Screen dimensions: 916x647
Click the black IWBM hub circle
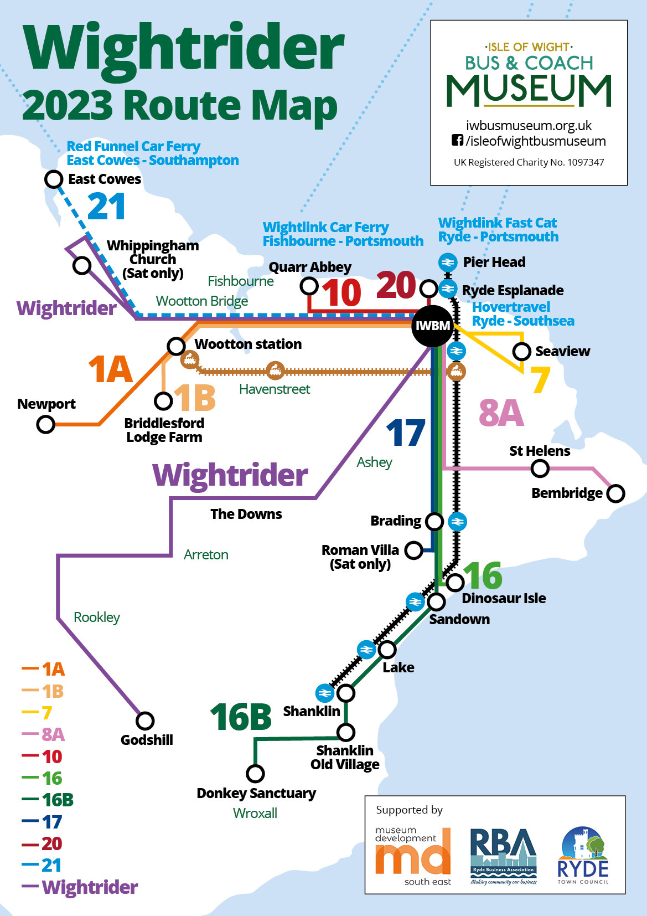(433, 326)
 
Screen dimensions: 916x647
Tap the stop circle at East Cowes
(54, 179)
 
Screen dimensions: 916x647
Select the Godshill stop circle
(145, 721)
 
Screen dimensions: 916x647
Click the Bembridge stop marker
(615, 493)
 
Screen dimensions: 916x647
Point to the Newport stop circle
(45, 425)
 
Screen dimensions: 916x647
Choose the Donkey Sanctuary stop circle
(255, 773)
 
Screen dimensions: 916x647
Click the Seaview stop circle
(521, 351)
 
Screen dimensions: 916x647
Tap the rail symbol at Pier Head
(447, 262)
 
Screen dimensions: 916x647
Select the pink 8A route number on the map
(501, 413)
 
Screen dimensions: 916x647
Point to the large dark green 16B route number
(241, 717)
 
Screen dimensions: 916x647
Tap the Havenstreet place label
(275, 389)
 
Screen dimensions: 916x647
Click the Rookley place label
(97, 617)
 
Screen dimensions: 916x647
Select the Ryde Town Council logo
(583, 856)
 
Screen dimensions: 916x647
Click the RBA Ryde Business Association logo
(503, 856)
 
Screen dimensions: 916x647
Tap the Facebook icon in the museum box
(457, 141)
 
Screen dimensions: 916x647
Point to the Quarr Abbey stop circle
(309, 286)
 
